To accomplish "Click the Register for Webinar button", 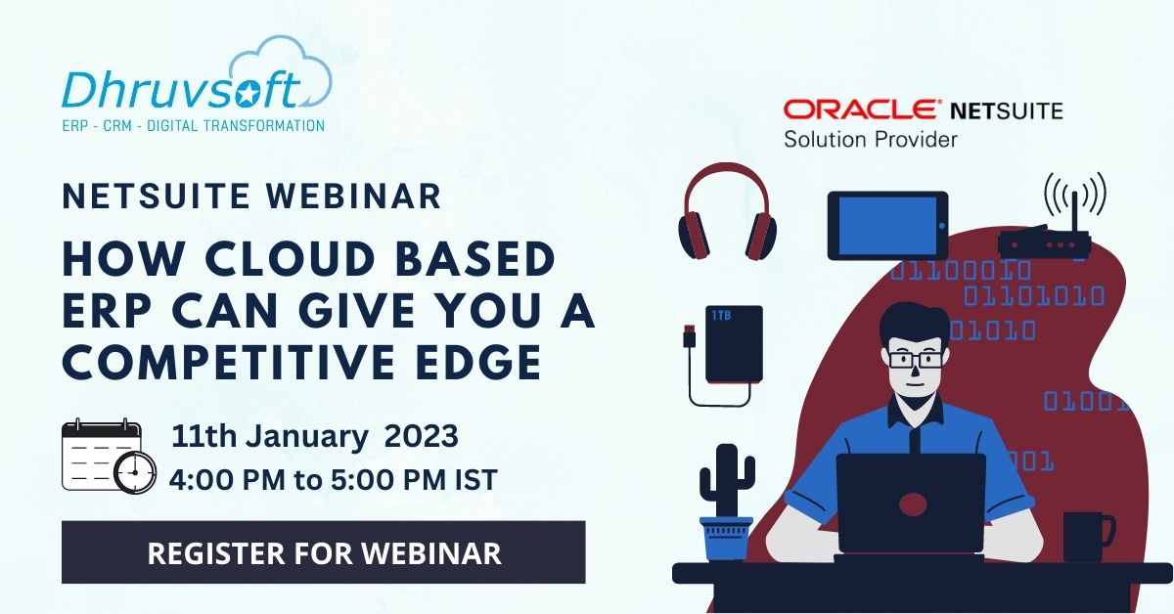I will (x=323, y=552).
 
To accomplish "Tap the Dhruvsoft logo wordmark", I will (x=181, y=91).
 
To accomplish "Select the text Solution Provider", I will (x=870, y=140).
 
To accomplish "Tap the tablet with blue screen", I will (x=887, y=225).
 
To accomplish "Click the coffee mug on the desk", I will (x=1086, y=537).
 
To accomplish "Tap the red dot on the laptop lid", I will (x=912, y=505).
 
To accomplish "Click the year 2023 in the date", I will (x=421, y=435).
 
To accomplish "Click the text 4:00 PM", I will (x=226, y=480).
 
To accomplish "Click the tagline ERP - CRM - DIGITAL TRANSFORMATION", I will (x=193, y=125).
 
